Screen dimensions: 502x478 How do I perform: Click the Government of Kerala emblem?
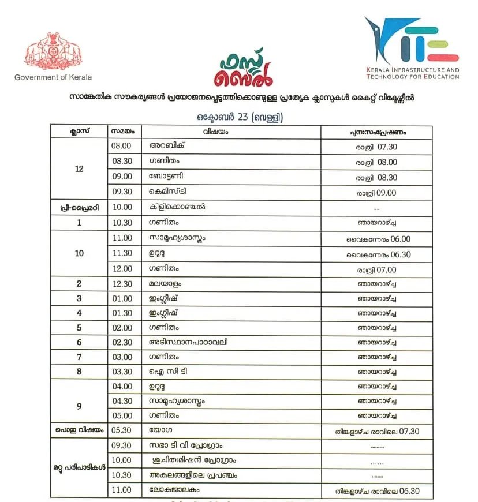click(x=53, y=52)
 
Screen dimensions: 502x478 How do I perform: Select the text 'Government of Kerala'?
click(x=53, y=77)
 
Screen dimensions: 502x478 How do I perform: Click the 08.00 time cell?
click(x=122, y=147)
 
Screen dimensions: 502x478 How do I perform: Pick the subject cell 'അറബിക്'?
click(x=167, y=147)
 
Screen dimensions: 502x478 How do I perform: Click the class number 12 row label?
click(x=79, y=169)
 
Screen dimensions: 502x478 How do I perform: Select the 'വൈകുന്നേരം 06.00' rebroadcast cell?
click(x=378, y=239)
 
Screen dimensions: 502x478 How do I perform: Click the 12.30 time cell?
click(x=122, y=284)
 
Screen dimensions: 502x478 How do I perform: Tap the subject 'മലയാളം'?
click(x=166, y=284)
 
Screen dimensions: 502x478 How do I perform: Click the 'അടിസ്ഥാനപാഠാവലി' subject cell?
click(x=188, y=342)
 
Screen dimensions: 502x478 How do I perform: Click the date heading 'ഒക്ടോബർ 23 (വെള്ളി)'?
click(x=240, y=117)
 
